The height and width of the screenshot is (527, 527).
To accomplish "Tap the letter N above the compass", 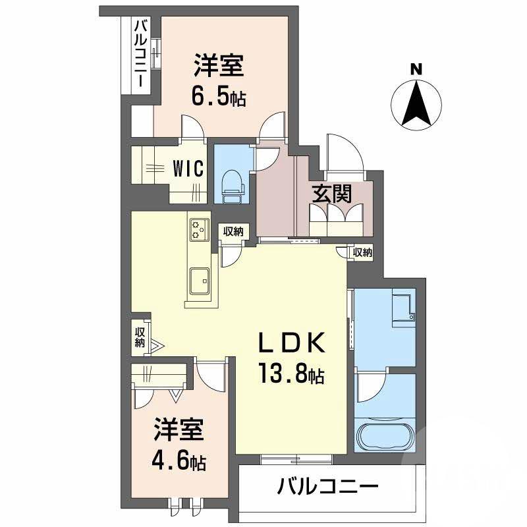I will pyautogui.click(x=416, y=68).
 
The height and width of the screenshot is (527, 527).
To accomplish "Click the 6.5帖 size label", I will pyautogui.click(x=219, y=98).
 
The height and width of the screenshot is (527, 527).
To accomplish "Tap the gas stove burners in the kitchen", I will pyautogui.click(x=200, y=231).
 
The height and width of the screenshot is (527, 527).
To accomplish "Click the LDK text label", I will pyautogui.click(x=291, y=344).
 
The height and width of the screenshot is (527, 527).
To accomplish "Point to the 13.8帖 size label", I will pyautogui.click(x=291, y=376).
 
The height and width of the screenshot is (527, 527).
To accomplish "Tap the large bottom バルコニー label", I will pyautogui.click(x=327, y=489).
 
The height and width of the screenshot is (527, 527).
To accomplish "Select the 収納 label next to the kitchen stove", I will pyautogui.click(x=233, y=231).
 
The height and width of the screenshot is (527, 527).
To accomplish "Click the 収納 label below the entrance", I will pyautogui.click(x=362, y=252).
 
